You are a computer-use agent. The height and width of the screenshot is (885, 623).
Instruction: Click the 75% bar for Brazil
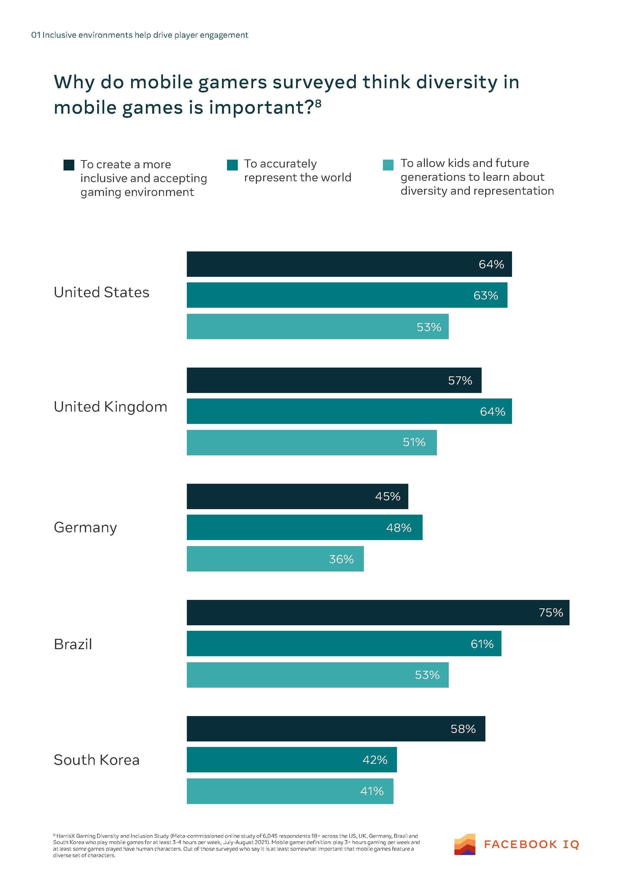(377, 612)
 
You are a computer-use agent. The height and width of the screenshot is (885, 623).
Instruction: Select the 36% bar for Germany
(275, 559)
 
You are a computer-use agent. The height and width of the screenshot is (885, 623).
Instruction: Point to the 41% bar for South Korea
(290, 791)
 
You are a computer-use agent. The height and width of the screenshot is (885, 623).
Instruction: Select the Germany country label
(85, 527)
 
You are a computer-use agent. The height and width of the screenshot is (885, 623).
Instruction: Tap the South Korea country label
(96, 760)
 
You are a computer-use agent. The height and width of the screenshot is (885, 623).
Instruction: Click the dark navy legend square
(69, 165)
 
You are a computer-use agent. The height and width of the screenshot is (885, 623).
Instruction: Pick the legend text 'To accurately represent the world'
(297, 171)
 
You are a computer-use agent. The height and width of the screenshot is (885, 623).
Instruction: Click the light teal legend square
(388, 165)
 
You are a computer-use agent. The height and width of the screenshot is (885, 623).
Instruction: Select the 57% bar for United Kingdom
(333, 380)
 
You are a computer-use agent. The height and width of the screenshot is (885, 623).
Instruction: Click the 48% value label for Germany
(399, 528)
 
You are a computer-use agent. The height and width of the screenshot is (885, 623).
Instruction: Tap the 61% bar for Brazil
(344, 644)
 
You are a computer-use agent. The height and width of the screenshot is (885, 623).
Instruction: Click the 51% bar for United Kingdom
(311, 442)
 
